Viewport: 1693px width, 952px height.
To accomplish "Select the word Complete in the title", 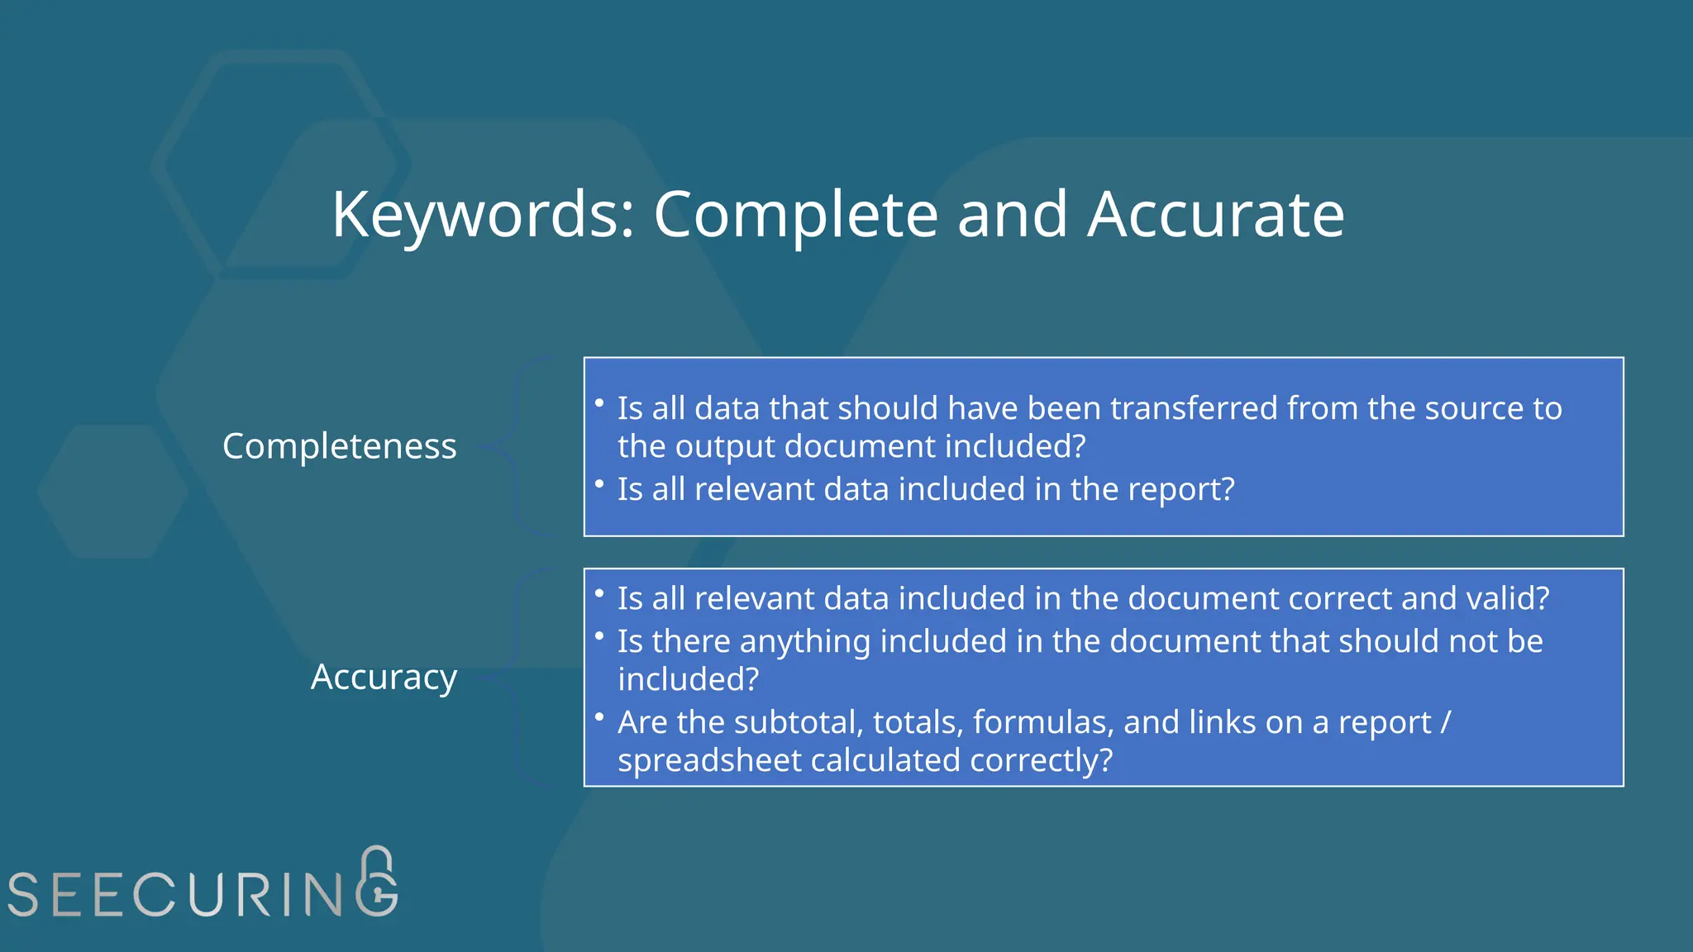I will pyautogui.click(x=795, y=215).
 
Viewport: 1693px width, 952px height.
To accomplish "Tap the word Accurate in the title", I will pyautogui.click(x=1215, y=215).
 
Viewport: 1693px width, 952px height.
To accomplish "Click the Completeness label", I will pyautogui.click(x=339, y=447).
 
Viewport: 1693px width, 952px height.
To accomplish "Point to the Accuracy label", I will pyautogui.click(x=384, y=677).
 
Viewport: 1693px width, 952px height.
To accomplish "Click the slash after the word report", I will pyautogui.click(x=1445, y=723).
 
